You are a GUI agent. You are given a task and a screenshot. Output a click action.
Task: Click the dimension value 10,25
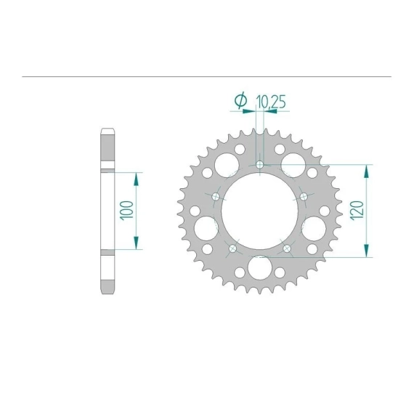point(271,102)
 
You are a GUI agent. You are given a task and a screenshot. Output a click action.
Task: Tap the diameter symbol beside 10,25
point(241,101)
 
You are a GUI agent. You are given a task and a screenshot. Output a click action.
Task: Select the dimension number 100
point(126,211)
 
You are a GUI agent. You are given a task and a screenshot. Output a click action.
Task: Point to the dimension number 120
point(357,211)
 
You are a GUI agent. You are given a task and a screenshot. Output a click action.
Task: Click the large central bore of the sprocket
point(260,211)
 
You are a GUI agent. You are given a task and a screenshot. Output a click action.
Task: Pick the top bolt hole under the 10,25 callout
point(260,165)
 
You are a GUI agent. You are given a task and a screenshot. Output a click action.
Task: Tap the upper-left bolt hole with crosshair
point(216,196)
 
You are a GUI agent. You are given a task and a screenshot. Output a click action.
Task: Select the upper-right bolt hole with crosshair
point(304,196)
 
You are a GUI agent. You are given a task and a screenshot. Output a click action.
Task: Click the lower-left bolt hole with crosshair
point(232,248)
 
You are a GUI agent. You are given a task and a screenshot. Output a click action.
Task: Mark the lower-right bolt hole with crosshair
point(287,248)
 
